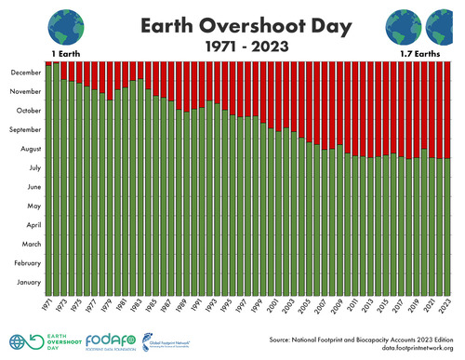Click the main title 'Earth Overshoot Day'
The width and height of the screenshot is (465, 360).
tap(232, 24)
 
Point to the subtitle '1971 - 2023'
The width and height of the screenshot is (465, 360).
tap(232, 45)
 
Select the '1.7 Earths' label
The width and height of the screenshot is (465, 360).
tap(418, 54)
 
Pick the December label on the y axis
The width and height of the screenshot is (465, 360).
tap(26, 73)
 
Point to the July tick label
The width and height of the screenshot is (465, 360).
tap(32, 167)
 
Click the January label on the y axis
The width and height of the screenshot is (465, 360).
tap(29, 282)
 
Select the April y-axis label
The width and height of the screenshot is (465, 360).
tap(31, 225)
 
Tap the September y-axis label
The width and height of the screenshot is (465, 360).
tap(25, 129)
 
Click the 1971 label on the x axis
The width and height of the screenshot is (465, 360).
tap(46, 306)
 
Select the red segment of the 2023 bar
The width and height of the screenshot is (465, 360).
tap(447, 110)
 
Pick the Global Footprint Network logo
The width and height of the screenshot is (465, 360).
tap(165, 341)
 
